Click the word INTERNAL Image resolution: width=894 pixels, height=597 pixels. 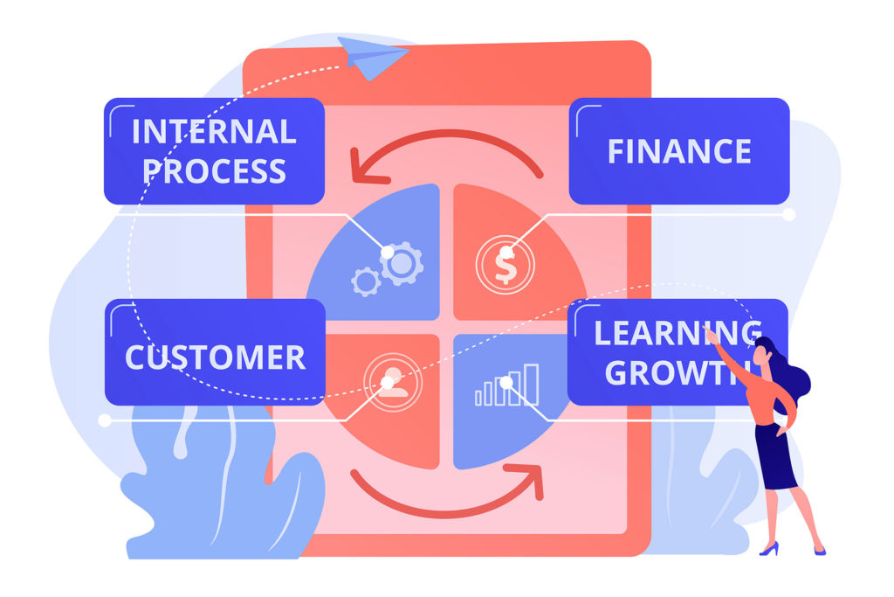click(214, 132)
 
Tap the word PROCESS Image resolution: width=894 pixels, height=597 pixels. click(215, 171)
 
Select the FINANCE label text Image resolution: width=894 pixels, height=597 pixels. click(679, 151)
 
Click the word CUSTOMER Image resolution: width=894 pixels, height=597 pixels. click(215, 358)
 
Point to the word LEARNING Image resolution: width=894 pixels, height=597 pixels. click(677, 333)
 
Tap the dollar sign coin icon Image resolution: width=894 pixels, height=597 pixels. click(505, 265)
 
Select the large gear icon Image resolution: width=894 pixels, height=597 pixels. click(402, 264)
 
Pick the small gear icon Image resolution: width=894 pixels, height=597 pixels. click(366, 281)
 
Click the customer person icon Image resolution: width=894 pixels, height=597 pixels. click(392, 382)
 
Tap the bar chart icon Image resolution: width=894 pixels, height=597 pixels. click(507, 385)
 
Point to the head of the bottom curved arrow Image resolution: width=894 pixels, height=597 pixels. click(527, 479)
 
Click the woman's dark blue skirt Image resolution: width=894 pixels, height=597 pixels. click(776, 456)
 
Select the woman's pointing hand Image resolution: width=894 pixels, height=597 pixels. click(711, 336)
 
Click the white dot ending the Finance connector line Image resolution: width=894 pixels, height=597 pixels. click(788, 215)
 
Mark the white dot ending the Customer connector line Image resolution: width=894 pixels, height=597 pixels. click(105, 420)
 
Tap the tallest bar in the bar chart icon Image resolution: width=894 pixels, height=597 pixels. click(532, 385)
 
